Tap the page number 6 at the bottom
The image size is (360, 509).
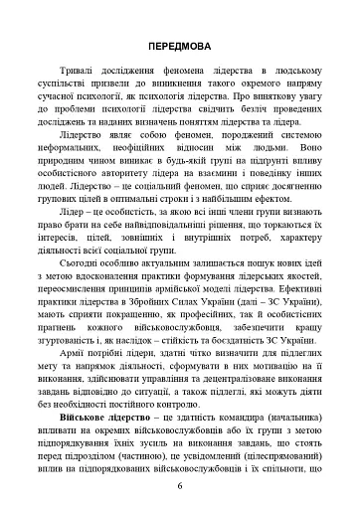tap(180, 485)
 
